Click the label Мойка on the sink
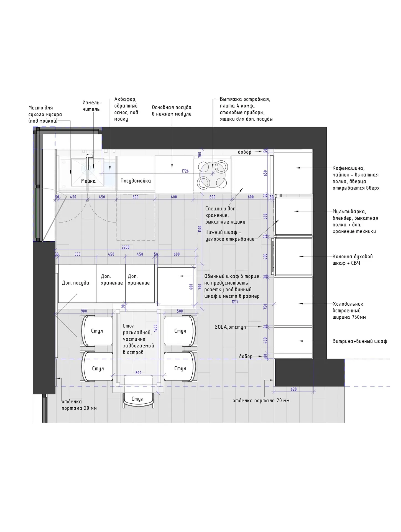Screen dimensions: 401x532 (x=88, y=181)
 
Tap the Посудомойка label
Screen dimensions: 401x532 (x=136, y=181)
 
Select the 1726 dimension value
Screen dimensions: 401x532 (x=185, y=171)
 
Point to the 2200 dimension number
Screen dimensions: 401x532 (x=126, y=247)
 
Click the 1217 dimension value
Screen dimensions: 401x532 (x=235, y=301)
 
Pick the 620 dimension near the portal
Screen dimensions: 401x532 (x=294, y=389)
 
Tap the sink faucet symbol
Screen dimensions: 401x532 (x=88, y=162)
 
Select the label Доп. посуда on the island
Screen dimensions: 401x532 (x=76, y=283)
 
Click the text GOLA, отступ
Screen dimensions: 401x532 (x=230, y=327)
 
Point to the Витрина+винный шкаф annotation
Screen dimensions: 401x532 (x=360, y=341)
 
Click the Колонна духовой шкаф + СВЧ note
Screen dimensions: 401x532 (x=353, y=260)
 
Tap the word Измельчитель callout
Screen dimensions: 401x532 (x=92, y=106)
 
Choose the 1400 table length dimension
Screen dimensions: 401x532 (x=155, y=328)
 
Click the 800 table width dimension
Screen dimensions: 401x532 (x=138, y=373)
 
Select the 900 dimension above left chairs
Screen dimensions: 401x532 (x=84, y=311)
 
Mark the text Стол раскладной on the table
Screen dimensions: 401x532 (x=137, y=329)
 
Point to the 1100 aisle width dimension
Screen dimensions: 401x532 (x=200, y=229)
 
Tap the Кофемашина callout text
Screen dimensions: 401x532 (x=349, y=168)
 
